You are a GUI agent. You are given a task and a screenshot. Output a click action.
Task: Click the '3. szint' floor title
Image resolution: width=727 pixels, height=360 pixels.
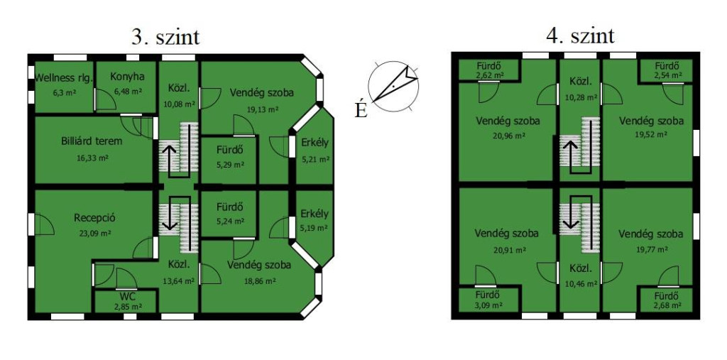tap(165, 37)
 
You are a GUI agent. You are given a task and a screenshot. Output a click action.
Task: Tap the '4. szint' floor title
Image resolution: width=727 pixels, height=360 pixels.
tap(581, 36)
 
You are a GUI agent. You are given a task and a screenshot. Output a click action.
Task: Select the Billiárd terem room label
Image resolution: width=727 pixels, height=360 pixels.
tap(92, 141)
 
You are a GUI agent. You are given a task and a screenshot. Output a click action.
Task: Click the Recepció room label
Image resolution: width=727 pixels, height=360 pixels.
tap(94, 217)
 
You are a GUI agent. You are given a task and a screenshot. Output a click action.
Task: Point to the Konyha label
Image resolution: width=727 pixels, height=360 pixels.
tap(127, 77)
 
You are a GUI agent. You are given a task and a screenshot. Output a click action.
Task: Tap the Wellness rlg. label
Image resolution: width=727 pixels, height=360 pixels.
tap(64, 77)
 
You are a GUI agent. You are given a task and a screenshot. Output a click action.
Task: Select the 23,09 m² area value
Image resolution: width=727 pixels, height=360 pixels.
tap(95, 233)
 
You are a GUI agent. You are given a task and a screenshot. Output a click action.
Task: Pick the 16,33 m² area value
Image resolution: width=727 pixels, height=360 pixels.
tap(92, 158)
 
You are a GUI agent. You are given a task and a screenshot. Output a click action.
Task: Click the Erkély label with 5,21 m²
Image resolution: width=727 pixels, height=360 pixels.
tap(315, 142)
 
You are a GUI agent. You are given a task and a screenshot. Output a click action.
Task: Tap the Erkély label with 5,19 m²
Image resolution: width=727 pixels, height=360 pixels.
tap(314, 214)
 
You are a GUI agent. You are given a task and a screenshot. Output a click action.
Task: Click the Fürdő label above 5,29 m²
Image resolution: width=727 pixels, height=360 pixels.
tap(230, 151)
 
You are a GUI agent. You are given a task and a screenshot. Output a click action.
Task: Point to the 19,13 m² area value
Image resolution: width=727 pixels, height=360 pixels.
tap(262, 109)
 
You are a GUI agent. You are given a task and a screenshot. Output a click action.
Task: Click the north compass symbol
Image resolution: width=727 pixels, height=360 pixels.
tap(393, 86)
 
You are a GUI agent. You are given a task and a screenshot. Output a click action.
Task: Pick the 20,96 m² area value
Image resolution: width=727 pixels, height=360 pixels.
tap(508, 136)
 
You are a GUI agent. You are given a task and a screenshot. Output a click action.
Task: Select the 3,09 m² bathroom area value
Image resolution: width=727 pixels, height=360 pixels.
tap(487, 306)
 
